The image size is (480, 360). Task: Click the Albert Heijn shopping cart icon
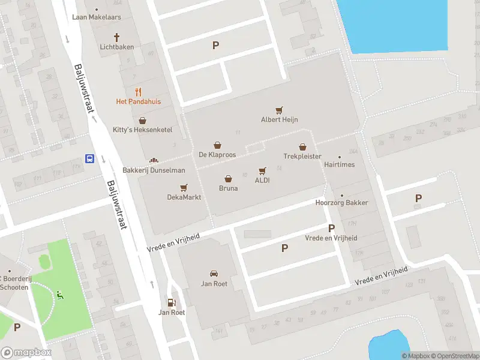click(x=279, y=110)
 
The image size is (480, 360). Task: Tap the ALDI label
click(x=262, y=180)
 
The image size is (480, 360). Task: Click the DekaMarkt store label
click(x=184, y=197)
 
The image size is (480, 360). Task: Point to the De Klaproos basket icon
click(x=217, y=145)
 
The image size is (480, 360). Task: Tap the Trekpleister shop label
click(x=302, y=156)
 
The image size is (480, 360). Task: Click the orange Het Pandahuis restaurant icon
click(x=139, y=92)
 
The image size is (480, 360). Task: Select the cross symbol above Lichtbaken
click(x=117, y=37)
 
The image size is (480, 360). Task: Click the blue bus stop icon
click(x=89, y=159)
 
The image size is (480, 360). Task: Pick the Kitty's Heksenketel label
click(x=143, y=130)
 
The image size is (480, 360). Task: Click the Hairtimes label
click(x=339, y=164)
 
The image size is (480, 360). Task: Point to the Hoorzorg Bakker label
click(x=341, y=203)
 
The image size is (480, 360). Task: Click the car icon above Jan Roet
click(x=214, y=274)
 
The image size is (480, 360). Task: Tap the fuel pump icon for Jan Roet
click(x=172, y=303)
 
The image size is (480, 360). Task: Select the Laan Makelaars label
click(x=97, y=17)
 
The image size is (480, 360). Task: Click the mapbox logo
click(x=26, y=353)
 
